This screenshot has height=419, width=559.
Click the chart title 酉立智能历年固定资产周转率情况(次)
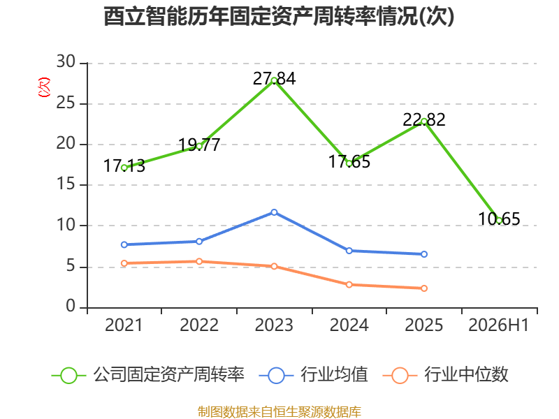(x=279, y=16)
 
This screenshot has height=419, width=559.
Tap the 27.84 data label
(x=274, y=79)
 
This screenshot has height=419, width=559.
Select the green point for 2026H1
(x=499, y=221)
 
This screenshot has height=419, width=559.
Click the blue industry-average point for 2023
(x=274, y=212)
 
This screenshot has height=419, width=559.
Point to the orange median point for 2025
(x=424, y=288)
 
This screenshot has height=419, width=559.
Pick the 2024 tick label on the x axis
(x=349, y=325)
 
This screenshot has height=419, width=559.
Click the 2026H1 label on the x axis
(x=498, y=325)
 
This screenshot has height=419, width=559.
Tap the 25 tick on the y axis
(x=66, y=103)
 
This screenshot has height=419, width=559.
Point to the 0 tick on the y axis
(x=71, y=307)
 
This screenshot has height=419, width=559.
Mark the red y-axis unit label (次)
(x=44, y=87)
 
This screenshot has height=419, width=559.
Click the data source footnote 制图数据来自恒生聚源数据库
(x=279, y=412)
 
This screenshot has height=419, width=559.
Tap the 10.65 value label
(x=499, y=219)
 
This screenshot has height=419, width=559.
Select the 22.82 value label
(x=424, y=119)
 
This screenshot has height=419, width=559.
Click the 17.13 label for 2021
(x=124, y=166)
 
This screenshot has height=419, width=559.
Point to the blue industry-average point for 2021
(x=124, y=245)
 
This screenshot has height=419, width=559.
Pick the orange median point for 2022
(x=199, y=261)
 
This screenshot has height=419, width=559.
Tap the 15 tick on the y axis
(x=66, y=184)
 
